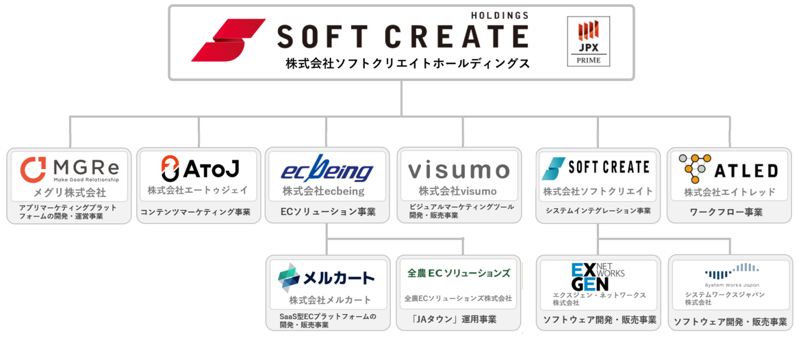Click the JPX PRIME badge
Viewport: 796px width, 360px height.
click(588, 41)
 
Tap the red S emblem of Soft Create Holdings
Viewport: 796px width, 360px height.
click(228, 40)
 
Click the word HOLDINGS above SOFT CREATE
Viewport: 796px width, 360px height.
click(500, 15)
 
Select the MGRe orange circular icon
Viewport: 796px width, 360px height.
click(33, 170)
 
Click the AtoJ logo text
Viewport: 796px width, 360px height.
click(212, 169)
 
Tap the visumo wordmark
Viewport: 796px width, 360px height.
click(459, 170)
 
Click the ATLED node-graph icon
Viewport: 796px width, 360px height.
click(695, 169)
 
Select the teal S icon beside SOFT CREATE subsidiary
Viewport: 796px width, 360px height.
click(554, 169)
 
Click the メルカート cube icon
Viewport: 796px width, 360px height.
click(288, 277)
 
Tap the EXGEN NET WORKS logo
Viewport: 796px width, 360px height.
click(597, 277)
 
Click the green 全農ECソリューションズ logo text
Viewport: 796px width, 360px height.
click(459, 274)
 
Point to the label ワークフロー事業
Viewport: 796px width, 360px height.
click(726, 212)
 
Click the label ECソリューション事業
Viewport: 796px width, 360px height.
click(328, 212)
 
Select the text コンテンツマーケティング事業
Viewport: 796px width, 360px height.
click(196, 212)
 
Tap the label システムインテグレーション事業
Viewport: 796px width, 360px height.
click(598, 211)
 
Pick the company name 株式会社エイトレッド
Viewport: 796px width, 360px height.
click(729, 192)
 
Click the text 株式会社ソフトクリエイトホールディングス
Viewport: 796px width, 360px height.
click(408, 64)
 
